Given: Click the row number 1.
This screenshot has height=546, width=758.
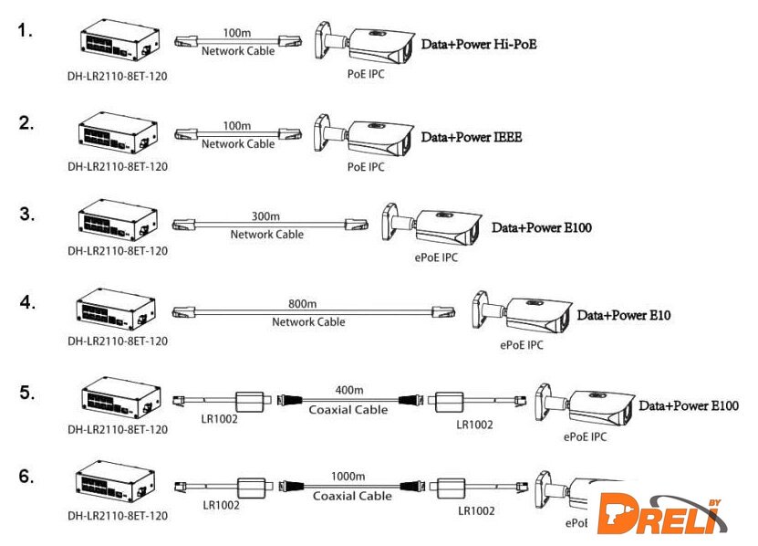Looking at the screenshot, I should tap(26, 31).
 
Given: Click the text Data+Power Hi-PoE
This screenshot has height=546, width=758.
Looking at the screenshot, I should tap(478, 43).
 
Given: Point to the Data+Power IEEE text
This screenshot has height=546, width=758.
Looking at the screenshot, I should tap(471, 137).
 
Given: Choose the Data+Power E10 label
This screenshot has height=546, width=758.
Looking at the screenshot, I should tap(624, 316).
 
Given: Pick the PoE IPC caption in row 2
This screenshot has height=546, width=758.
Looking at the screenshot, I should tap(366, 167).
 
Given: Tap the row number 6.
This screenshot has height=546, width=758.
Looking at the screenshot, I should tap(26, 476).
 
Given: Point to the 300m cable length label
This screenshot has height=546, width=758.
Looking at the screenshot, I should tap(266, 217).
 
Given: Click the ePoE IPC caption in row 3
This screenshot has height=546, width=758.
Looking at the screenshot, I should tap(436, 257).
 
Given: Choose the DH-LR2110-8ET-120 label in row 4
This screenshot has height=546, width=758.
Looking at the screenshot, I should tap(118, 341).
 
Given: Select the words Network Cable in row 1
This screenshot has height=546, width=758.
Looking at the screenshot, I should tap(238, 51).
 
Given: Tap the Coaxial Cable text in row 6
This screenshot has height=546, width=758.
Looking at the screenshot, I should tap(352, 497).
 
